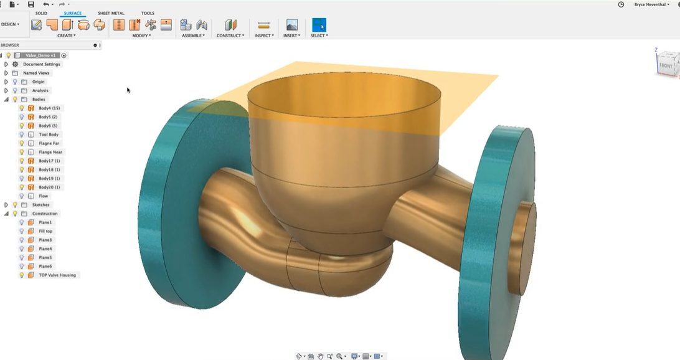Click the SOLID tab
(41, 13)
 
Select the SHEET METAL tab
(111, 13)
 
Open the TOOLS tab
(148, 13)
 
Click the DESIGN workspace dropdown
(10, 24)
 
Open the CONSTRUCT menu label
(230, 36)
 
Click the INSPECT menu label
(264, 36)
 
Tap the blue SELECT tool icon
(319, 25)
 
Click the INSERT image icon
(292, 25)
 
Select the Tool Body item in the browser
(49, 135)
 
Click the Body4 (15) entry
(49, 108)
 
